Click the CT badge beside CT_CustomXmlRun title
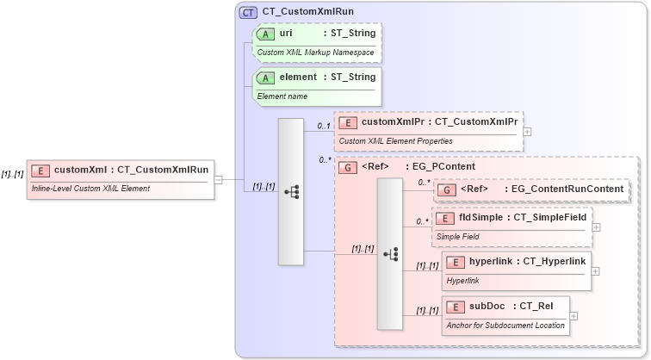coord(248,12)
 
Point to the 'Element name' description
coord(282,96)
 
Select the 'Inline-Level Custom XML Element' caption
coord(90,189)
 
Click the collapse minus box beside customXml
coord(219,180)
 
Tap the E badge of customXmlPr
coord(348,122)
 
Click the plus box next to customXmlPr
coord(527,132)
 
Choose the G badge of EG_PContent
coord(348,166)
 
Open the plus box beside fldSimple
coord(596,227)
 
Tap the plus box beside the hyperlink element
coord(595,270)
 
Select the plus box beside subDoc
coord(574,315)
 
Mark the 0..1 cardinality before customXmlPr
coord(324,127)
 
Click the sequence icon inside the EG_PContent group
coord(390,253)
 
